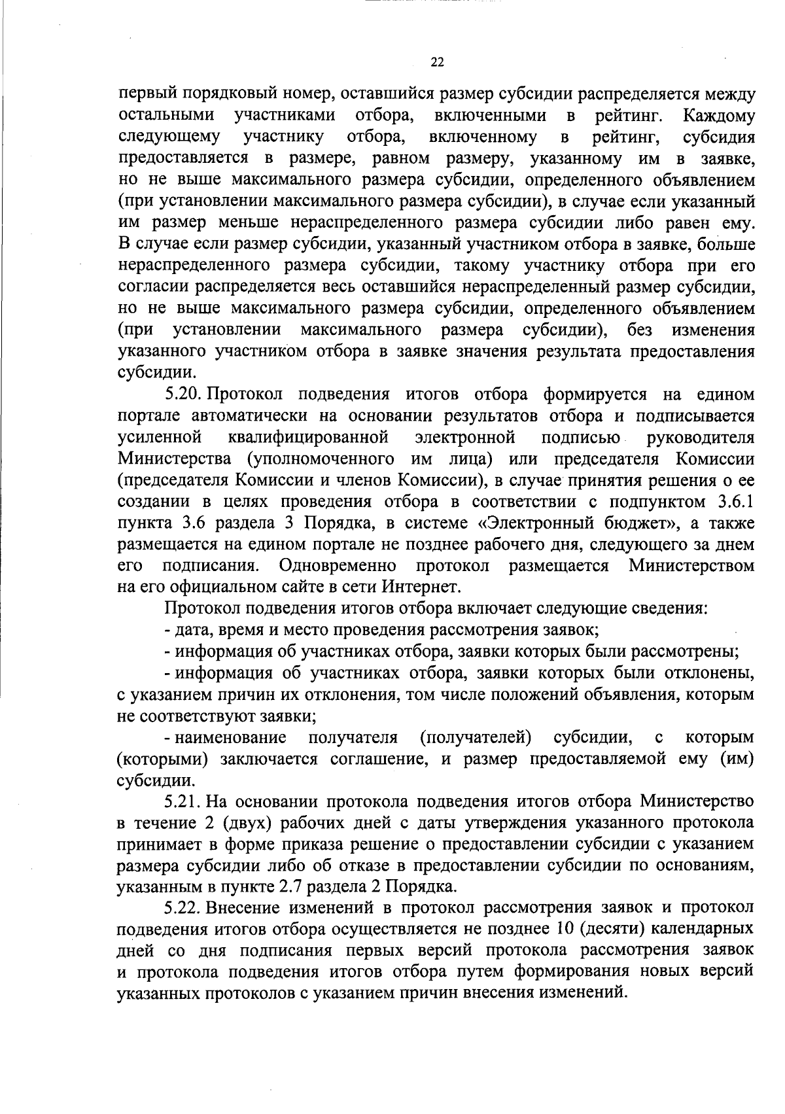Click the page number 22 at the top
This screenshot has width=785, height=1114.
(438, 63)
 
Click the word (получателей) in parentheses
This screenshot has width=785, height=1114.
(475, 738)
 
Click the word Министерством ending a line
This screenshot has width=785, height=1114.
(691, 565)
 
